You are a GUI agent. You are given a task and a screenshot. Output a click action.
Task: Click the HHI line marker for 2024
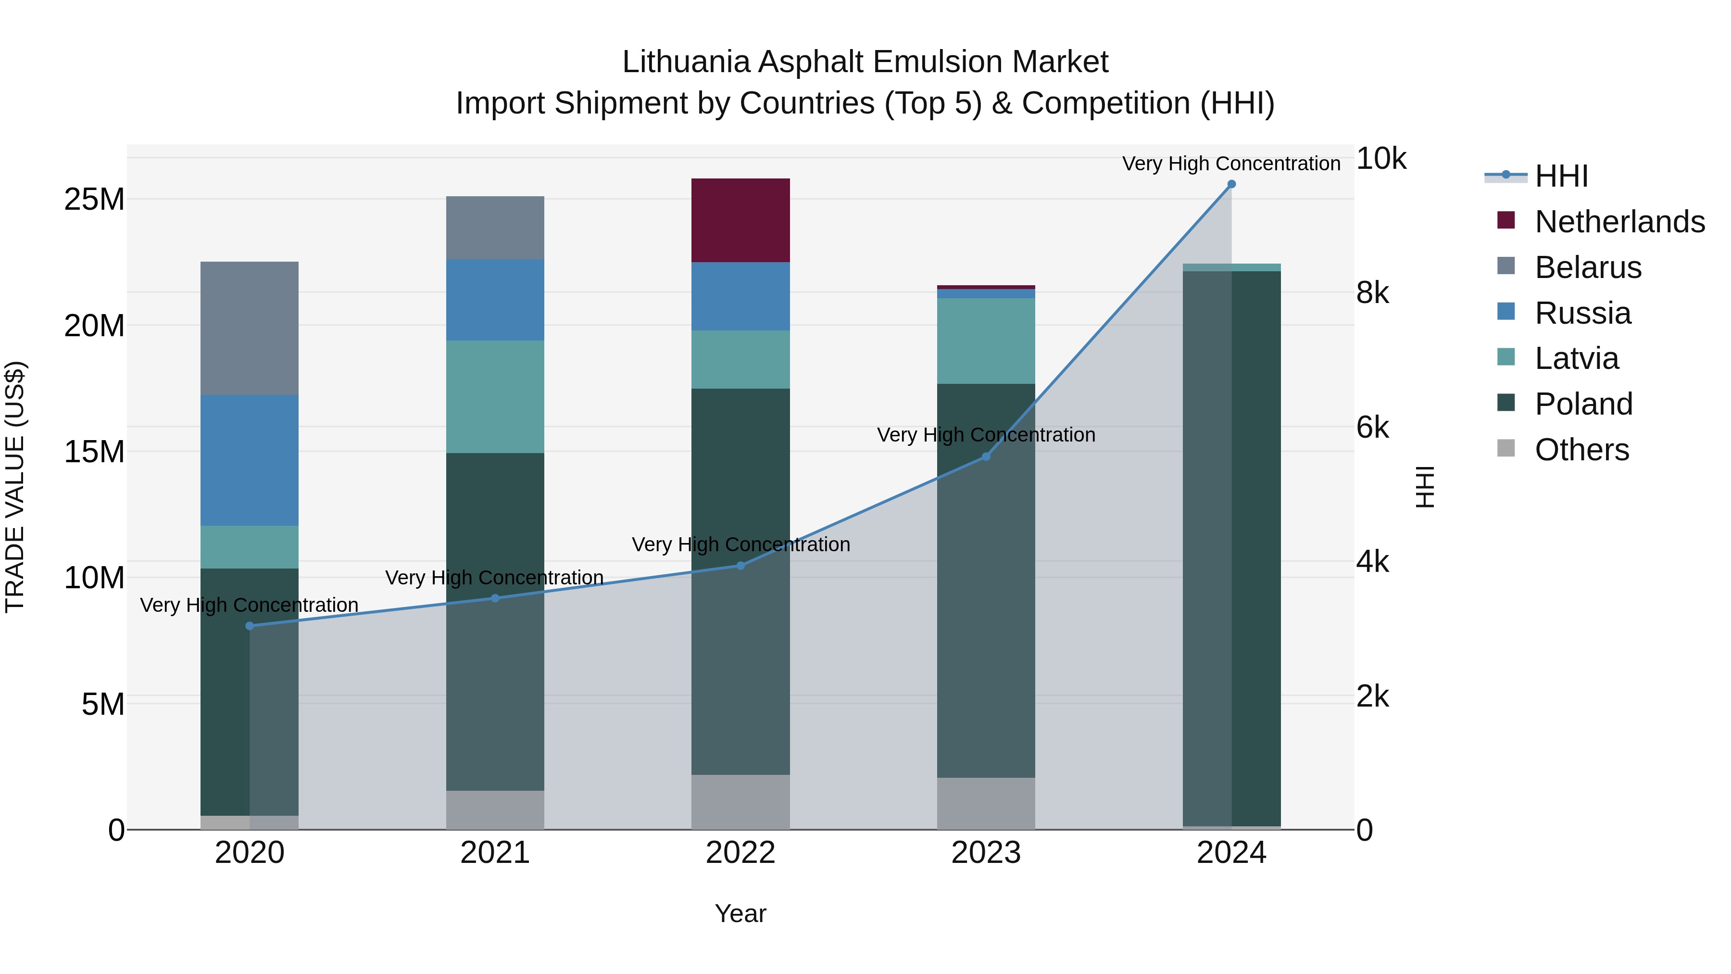1231,184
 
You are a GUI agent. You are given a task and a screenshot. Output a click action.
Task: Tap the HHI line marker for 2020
250,626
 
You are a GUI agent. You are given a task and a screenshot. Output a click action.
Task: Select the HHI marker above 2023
986,456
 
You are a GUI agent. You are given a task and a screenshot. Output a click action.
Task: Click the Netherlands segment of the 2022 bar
740,220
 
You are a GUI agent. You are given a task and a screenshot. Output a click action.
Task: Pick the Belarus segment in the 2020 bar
249,328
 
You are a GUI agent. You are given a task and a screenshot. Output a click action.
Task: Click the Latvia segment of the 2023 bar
986,341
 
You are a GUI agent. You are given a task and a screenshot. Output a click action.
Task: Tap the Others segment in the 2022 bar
740,801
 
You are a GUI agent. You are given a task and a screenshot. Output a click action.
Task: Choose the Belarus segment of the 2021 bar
495,228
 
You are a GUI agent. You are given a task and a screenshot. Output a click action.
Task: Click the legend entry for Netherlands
1619,222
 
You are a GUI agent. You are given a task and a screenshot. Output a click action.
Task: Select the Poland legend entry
1583,404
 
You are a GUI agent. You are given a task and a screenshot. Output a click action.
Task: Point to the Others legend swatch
1506,448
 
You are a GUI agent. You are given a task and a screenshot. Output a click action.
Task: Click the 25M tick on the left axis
94,200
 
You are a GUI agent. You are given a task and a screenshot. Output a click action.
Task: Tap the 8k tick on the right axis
1372,293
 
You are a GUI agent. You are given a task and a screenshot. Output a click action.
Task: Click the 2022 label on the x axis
740,853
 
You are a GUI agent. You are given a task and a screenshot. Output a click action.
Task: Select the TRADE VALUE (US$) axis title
15,487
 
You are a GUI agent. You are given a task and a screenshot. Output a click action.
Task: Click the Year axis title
740,913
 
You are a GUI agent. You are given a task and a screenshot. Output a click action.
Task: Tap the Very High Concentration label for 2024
1231,164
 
